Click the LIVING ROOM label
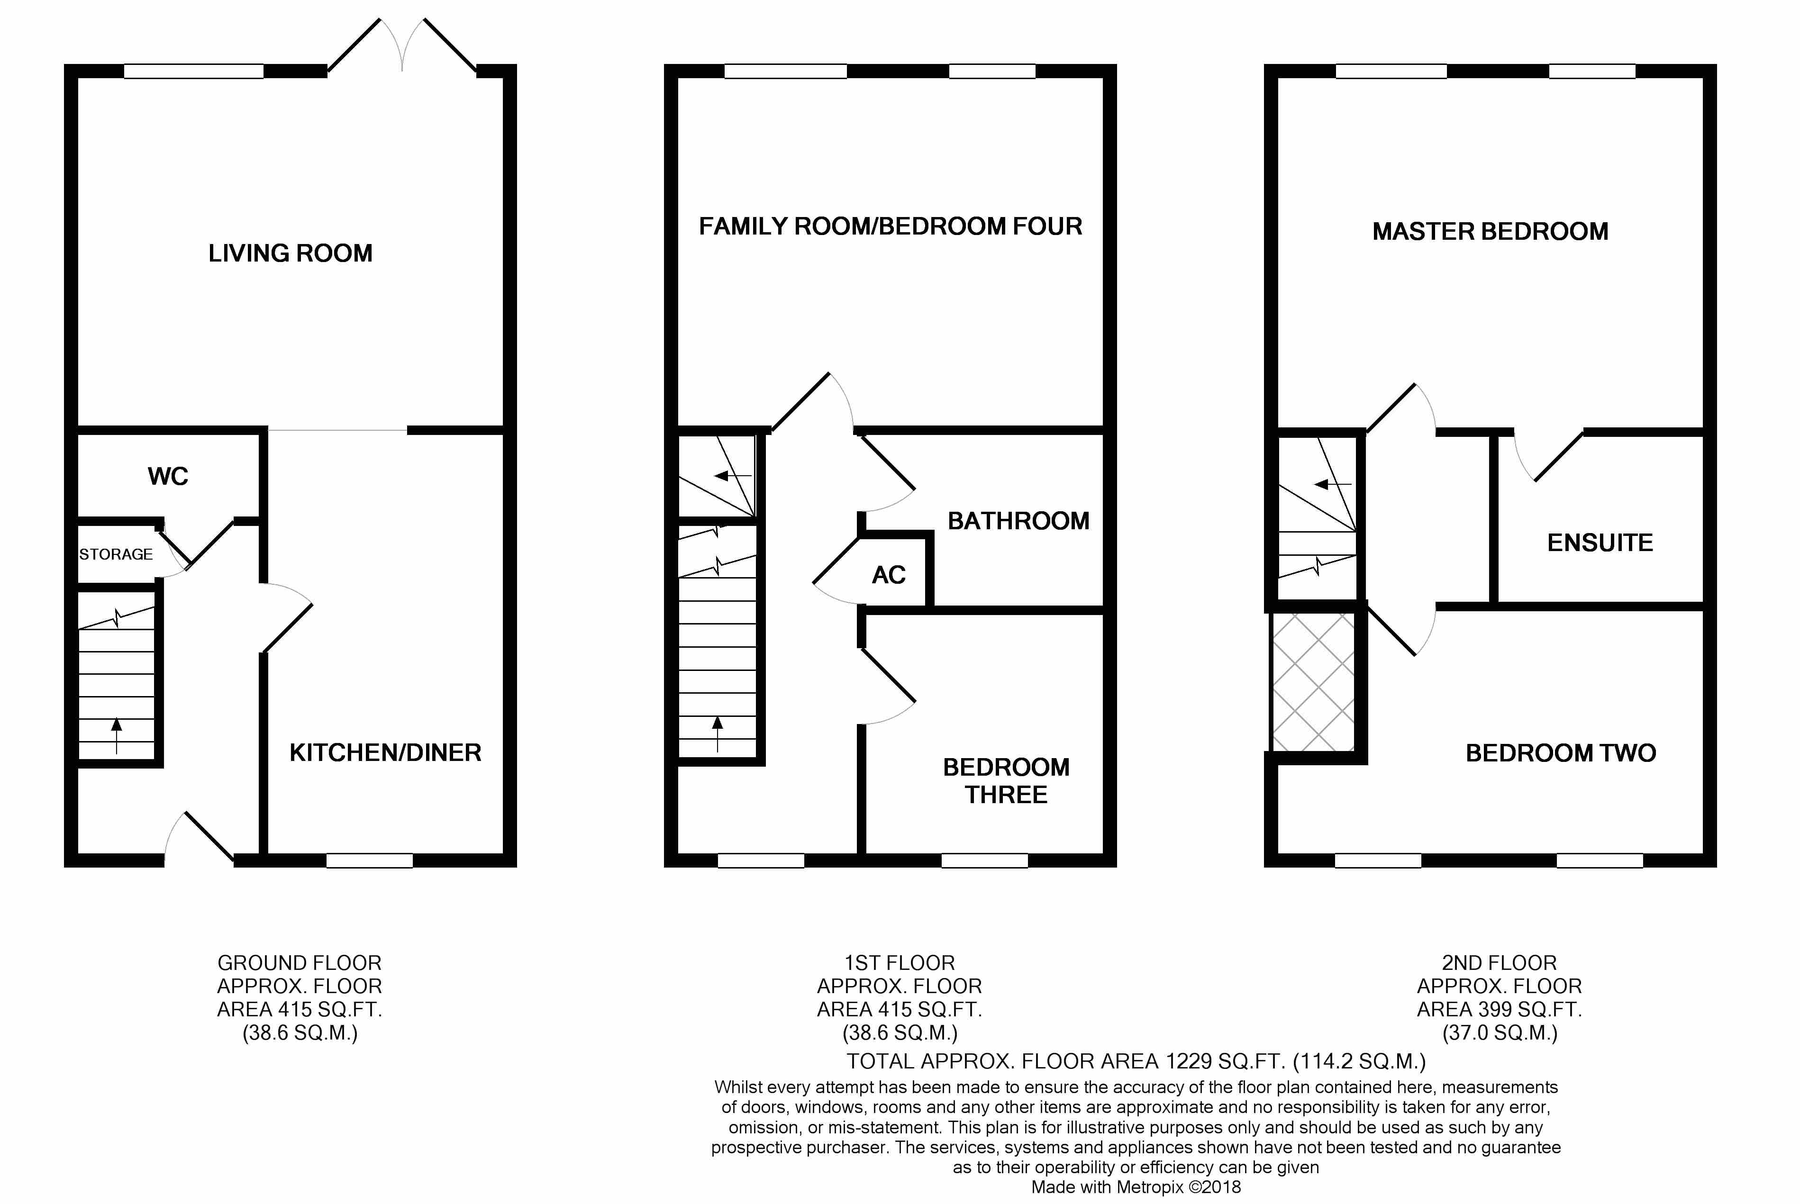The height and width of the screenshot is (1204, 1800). [x=290, y=253]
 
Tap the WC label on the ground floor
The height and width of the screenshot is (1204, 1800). [x=168, y=476]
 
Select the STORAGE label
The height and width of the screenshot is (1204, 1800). [x=116, y=554]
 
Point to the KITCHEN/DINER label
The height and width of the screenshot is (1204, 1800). [x=385, y=752]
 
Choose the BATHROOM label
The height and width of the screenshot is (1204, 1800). [x=1018, y=521]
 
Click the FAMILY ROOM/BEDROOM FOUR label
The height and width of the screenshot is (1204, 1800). [x=891, y=226]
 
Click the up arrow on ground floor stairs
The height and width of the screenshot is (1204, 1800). [x=117, y=735]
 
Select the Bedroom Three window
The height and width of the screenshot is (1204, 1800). [x=984, y=861]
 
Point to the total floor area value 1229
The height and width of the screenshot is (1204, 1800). [x=1189, y=1061]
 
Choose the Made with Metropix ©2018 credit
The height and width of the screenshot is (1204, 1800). [x=1136, y=1187]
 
